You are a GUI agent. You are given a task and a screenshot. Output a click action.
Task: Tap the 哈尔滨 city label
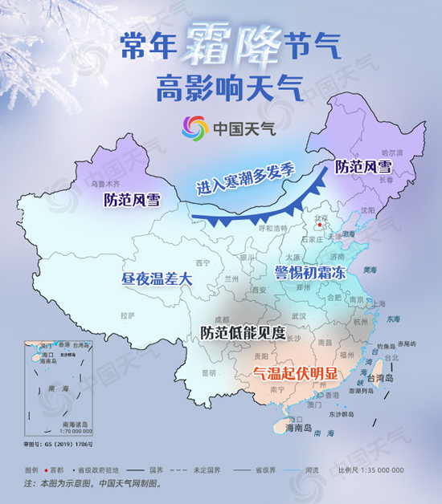tap(393, 151)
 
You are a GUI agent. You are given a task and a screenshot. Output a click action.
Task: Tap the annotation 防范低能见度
tap(244, 331)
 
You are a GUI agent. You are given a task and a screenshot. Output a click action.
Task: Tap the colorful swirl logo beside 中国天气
tap(194, 127)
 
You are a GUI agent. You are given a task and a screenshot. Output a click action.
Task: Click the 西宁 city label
tap(203, 262)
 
